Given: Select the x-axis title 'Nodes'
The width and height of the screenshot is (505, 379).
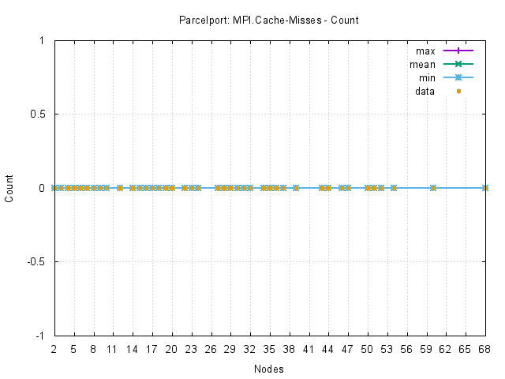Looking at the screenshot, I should coord(269,369).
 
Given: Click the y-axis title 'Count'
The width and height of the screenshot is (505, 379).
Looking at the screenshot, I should coord(9,188).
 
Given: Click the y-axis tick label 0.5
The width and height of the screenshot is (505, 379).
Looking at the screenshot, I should coord(36,114).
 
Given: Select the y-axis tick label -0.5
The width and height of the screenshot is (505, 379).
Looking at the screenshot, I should coord(35,261).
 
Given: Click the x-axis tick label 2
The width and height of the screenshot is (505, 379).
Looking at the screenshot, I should coord(54,347).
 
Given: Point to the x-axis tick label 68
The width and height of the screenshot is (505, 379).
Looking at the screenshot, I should coord(485,347).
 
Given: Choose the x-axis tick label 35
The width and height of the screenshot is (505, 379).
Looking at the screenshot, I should coord(270,347).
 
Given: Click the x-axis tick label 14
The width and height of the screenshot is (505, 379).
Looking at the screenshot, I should coord(133,347).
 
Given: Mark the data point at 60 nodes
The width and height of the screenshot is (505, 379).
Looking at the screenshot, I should coord(433,188).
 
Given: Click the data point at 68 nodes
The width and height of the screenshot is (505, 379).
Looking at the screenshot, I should coord(485,188).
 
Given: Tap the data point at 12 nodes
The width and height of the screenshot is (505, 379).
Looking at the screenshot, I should coord(119,188).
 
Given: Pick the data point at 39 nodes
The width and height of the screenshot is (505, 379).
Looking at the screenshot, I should coord(296,188).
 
